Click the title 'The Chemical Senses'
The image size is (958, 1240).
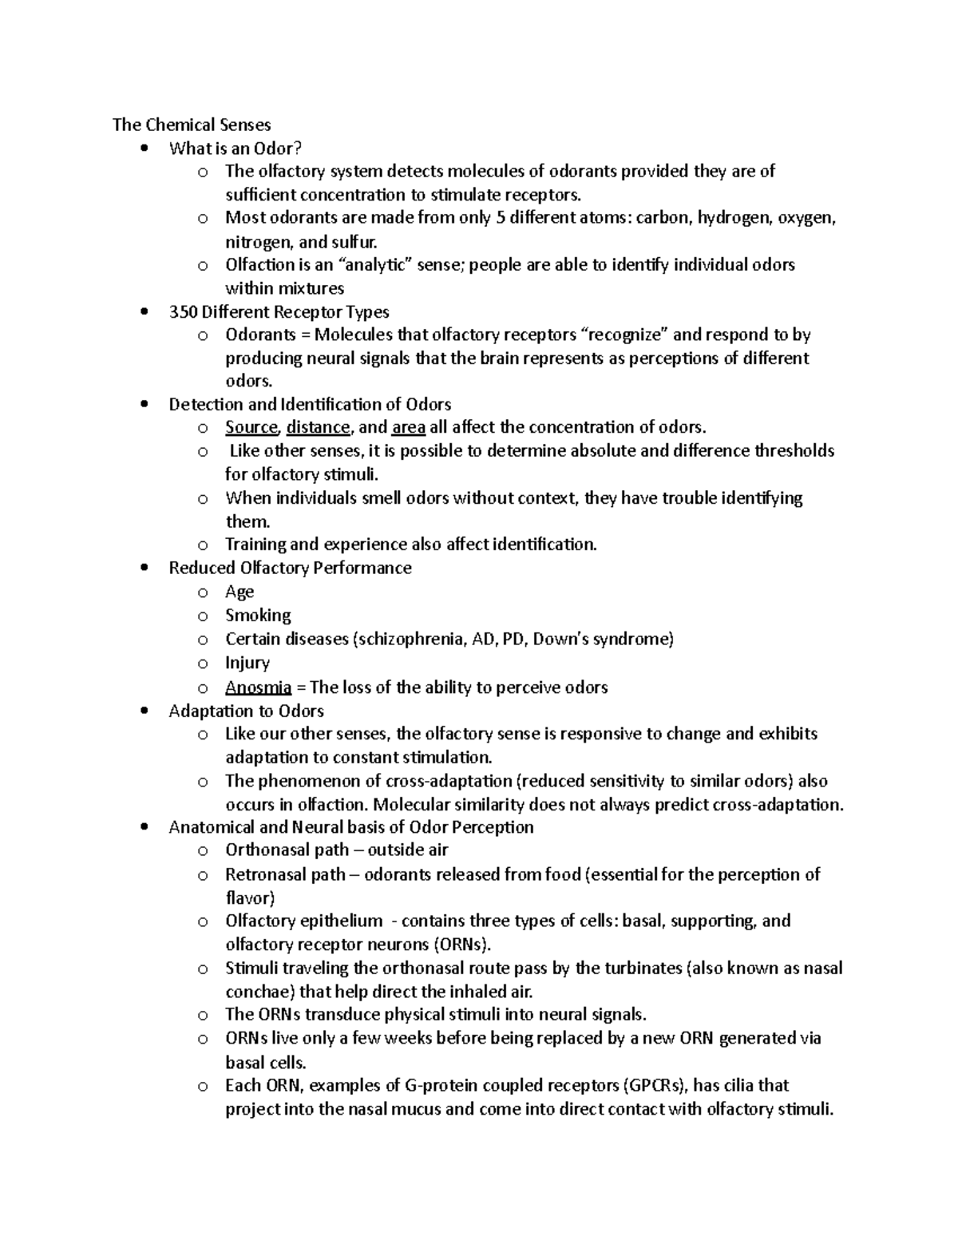coord(192,125)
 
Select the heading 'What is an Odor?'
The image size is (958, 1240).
coord(236,148)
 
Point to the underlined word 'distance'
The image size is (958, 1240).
coord(318,427)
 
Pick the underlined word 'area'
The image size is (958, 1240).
coord(409,427)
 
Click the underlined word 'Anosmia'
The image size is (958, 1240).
coord(258,687)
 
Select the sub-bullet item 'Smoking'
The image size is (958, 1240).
coord(258,616)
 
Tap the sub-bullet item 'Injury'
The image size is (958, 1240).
coord(247,663)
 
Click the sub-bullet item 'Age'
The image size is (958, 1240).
coord(239,592)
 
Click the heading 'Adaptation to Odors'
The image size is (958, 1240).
coord(246,711)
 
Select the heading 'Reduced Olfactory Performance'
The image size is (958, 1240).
coord(290,568)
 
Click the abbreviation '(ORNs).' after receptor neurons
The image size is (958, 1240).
coord(462,945)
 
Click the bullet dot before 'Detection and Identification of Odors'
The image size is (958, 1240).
coord(144,404)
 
